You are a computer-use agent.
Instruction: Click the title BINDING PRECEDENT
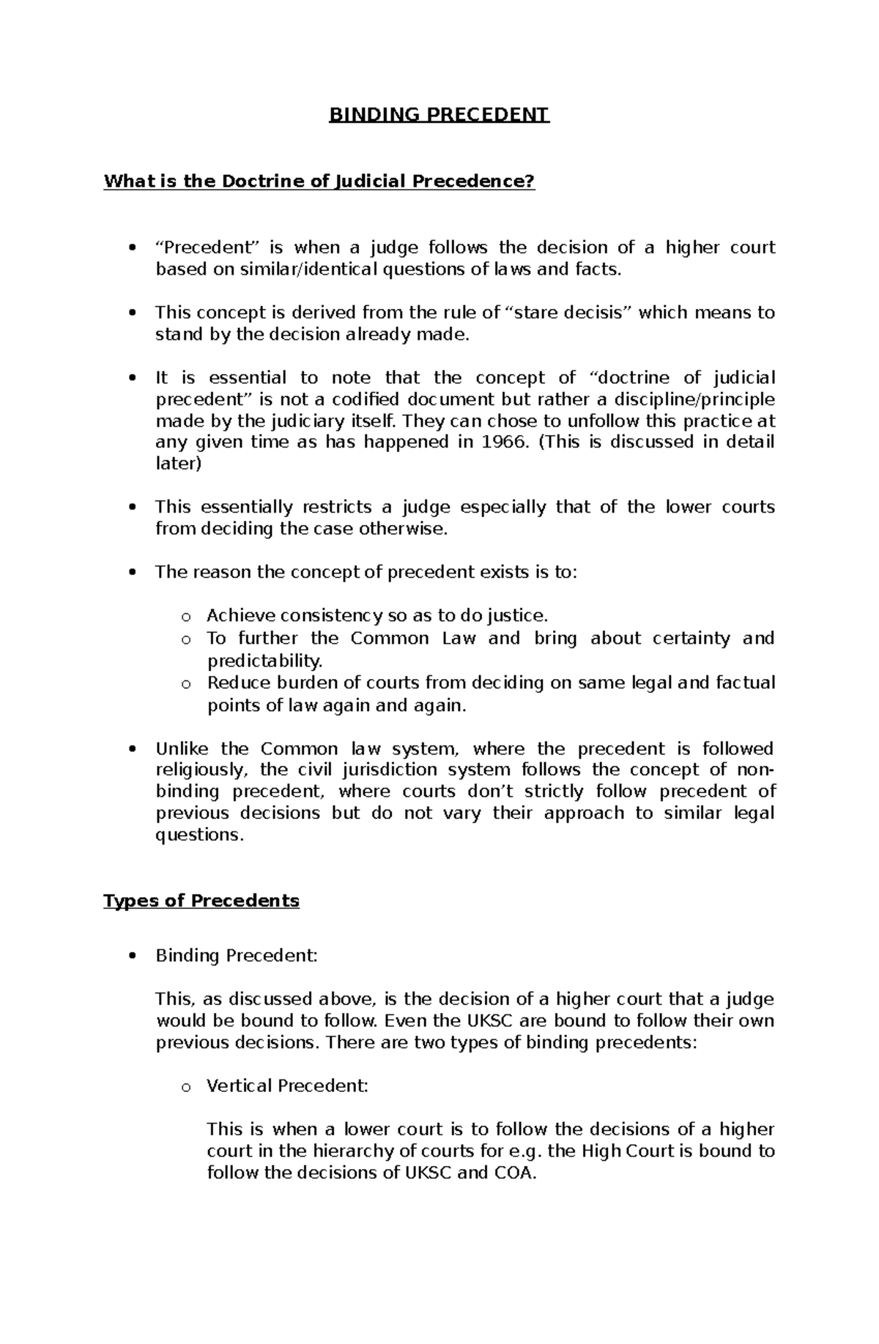pyautogui.click(x=439, y=115)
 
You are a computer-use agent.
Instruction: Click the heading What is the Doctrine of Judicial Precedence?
pyautogui.click(x=319, y=181)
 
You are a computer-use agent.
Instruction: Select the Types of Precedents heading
pyautogui.click(x=201, y=900)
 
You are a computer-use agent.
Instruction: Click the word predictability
pyautogui.click(x=264, y=661)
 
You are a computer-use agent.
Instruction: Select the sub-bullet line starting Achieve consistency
pyautogui.click(x=377, y=615)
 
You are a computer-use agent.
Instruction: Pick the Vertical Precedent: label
pyautogui.click(x=287, y=1085)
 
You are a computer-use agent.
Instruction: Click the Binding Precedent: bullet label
pyautogui.click(x=237, y=956)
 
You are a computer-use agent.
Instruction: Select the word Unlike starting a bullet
pyautogui.click(x=181, y=749)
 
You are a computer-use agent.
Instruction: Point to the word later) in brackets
pyautogui.click(x=178, y=464)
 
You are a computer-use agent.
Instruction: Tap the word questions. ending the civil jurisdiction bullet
pyautogui.click(x=199, y=835)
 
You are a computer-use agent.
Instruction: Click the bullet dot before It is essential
pyautogui.click(x=132, y=379)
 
